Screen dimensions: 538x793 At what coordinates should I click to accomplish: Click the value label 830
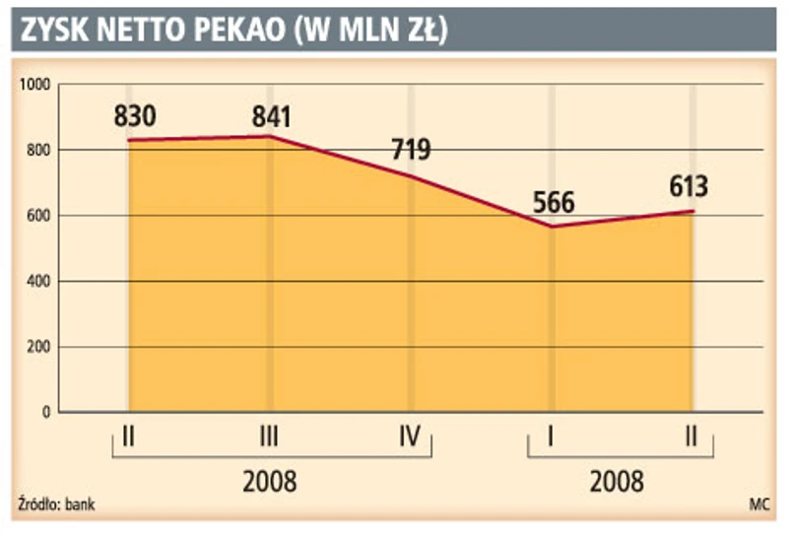135,116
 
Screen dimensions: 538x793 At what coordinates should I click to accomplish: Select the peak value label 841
271,116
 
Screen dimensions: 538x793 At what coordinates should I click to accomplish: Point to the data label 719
410,152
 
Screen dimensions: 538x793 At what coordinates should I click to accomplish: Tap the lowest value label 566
554,202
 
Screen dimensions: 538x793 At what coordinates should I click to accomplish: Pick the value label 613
688,186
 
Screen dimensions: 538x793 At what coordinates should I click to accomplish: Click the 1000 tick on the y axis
33,85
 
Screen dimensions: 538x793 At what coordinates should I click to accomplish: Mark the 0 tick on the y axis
45,413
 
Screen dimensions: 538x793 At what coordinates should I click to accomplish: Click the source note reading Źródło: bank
56,505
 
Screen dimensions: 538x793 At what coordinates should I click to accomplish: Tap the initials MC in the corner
759,505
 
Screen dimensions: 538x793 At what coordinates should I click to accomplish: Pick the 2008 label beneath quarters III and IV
269,483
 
